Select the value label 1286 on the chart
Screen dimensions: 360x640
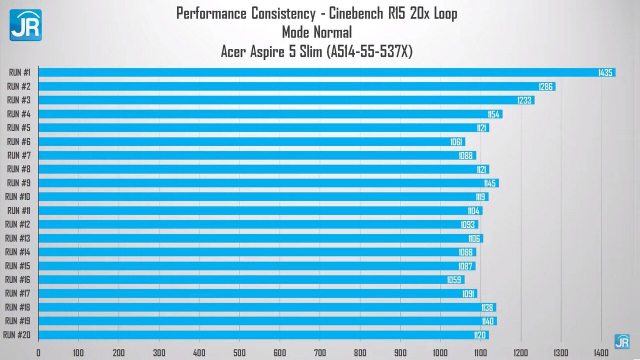pos(545,86)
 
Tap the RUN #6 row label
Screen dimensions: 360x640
pos(19,141)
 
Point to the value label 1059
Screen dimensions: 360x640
pos(454,280)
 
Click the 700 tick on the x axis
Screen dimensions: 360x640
pos(320,352)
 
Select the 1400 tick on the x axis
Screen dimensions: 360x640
pos(601,352)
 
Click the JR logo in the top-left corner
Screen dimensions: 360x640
pos(25,25)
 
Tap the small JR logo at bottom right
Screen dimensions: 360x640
pos(622,341)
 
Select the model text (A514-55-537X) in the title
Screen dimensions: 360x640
pos(369,51)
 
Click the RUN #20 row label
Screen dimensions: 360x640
pos(17,335)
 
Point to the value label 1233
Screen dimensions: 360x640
pos(524,100)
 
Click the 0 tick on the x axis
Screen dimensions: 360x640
pos(38,352)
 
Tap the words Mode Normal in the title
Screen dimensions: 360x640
pos(317,32)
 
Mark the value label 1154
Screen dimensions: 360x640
pos(493,114)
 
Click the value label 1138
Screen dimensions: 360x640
pos(487,307)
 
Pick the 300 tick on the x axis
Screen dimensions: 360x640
pos(159,352)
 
